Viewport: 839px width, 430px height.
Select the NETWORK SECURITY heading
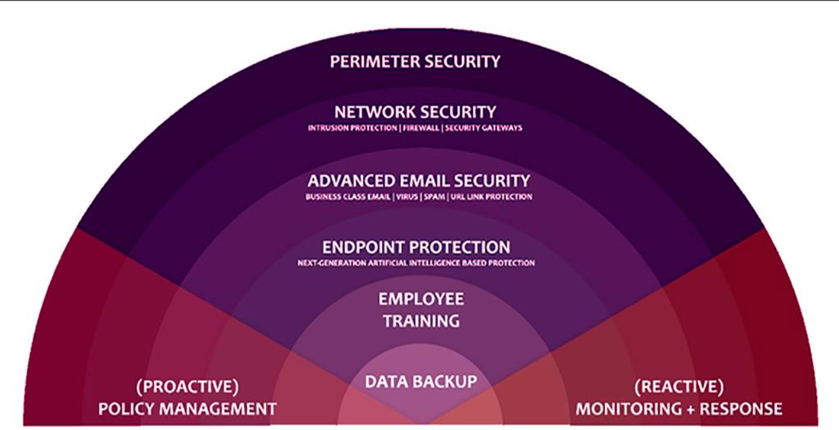point(415,112)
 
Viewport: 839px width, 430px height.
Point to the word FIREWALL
point(421,128)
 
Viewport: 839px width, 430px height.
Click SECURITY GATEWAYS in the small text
point(484,128)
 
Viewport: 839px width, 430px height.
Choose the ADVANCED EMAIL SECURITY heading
point(419,180)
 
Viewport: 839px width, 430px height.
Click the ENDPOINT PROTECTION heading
point(416,247)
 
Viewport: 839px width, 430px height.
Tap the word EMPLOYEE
point(421,299)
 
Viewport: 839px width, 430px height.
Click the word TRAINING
point(421,321)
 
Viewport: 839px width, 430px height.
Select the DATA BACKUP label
point(421,381)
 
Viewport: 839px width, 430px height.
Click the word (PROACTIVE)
point(187,385)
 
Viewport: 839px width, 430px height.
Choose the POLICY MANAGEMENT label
point(187,409)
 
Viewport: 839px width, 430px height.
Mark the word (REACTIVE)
point(679,385)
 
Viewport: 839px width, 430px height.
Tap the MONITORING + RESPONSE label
point(679,409)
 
